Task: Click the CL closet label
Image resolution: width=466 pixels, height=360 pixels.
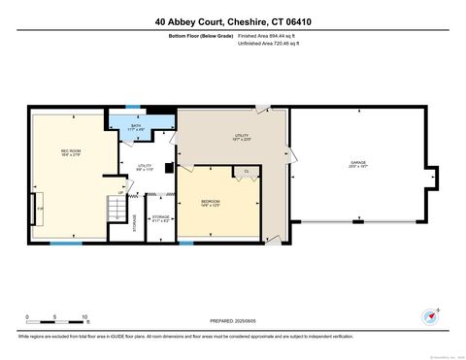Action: (x=247, y=171)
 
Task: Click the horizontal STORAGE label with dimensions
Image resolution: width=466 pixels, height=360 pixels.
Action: (x=160, y=218)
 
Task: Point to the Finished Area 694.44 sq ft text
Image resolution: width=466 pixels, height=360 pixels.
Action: (x=266, y=36)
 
